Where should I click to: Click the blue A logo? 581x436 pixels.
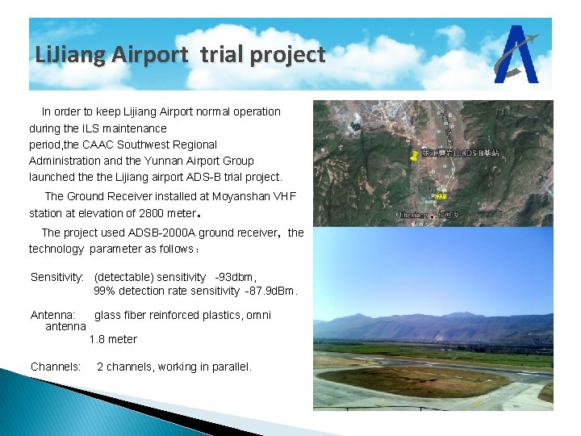click(x=516, y=54)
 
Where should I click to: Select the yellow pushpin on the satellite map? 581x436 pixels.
click(x=415, y=154)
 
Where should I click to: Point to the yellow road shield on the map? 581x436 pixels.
click(x=441, y=196)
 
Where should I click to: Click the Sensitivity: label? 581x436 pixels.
click(x=56, y=277)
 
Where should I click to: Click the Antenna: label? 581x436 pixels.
click(x=52, y=315)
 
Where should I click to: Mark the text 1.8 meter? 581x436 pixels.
click(x=113, y=339)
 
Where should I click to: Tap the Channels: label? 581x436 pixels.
click(x=56, y=367)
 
